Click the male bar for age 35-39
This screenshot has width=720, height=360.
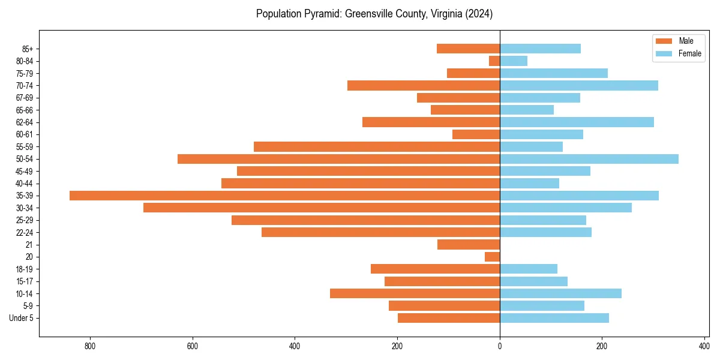284,196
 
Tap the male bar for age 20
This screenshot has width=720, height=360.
492,257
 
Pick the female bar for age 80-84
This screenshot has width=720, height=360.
514,61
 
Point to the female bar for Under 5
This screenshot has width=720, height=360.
554,318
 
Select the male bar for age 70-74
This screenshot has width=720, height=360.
424,86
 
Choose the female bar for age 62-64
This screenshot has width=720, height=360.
577,122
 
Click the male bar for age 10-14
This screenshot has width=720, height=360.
415,293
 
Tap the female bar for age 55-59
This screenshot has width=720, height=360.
531,147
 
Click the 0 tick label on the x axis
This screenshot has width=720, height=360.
500,346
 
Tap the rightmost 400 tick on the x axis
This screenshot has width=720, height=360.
704,346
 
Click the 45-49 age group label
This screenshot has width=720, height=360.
25,172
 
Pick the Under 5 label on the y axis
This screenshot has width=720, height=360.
22,318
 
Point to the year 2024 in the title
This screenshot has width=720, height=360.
480,14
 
